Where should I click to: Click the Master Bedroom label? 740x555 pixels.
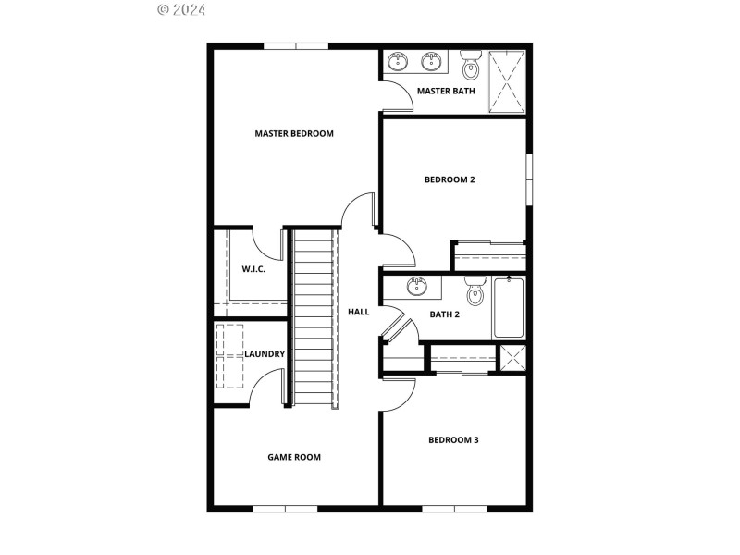(x=294, y=134)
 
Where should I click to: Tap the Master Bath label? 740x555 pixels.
(x=446, y=91)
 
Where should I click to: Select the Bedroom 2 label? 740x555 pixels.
(x=450, y=179)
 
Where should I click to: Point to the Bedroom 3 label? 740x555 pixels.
(x=453, y=440)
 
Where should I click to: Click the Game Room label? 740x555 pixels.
(x=294, y=457)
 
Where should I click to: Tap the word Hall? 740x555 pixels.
(x=358, y=312)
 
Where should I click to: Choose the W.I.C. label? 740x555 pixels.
(x=254, y=269)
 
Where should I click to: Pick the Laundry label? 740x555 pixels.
(x=265, y=354)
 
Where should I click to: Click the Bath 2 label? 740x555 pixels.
(x=445, y=314)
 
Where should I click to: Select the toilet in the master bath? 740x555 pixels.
(x=471, y=65)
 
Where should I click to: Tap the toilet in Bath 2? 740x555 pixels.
(x=475, y=291)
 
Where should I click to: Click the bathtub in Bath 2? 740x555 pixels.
(x=508, y=308)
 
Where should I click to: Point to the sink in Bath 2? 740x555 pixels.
(x=418, y=286)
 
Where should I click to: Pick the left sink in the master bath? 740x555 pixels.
(x=399, y=62)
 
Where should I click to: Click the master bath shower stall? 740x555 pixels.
(x=507, y=81)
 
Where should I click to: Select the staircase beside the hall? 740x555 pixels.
(x=313, y=319)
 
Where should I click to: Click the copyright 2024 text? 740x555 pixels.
(x=181, y=10)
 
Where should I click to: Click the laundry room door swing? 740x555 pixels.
(x=268, y=387)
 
